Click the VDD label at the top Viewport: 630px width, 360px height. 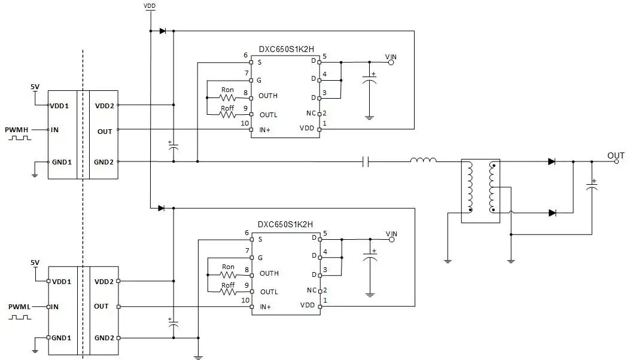(150, 5)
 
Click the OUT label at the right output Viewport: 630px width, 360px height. (616, 155)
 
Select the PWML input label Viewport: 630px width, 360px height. (19, 306)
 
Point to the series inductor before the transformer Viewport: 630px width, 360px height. (423, 160)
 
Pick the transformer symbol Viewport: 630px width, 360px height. (480, 190)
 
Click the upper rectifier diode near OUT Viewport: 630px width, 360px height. (552, 161)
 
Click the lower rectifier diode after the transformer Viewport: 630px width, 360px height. (552, 212)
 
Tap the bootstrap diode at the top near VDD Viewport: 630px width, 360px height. (163, 31)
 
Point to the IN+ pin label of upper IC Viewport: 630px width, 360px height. (265, 129)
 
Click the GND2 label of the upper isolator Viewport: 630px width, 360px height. (104, 162)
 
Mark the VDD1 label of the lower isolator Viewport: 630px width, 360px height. (62, 282)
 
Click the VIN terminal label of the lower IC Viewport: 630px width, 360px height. (391, 234)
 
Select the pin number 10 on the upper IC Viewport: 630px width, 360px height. (244, 124)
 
